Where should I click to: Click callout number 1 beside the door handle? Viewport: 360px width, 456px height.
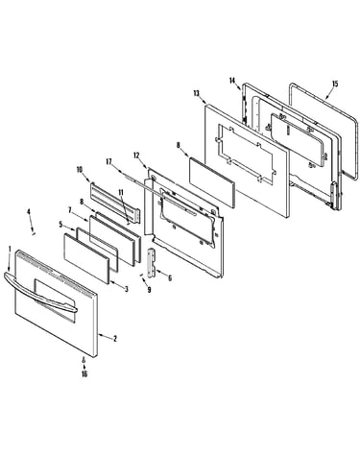click(10, 249)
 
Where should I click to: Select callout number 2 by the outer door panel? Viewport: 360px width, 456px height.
click(115, 339)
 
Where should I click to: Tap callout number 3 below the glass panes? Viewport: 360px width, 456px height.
click(127, 289)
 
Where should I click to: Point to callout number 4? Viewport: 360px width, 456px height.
click(29, 212)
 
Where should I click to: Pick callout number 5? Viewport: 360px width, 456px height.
click(60, 225)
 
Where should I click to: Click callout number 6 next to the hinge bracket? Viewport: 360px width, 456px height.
click(170, 278)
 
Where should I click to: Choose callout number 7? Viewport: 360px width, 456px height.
click(70, 209)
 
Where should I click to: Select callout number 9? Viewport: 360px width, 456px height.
click(149, 290)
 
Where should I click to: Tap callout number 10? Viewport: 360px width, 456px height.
click(80, 170)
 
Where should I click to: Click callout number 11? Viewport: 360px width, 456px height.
click(121, 192)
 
